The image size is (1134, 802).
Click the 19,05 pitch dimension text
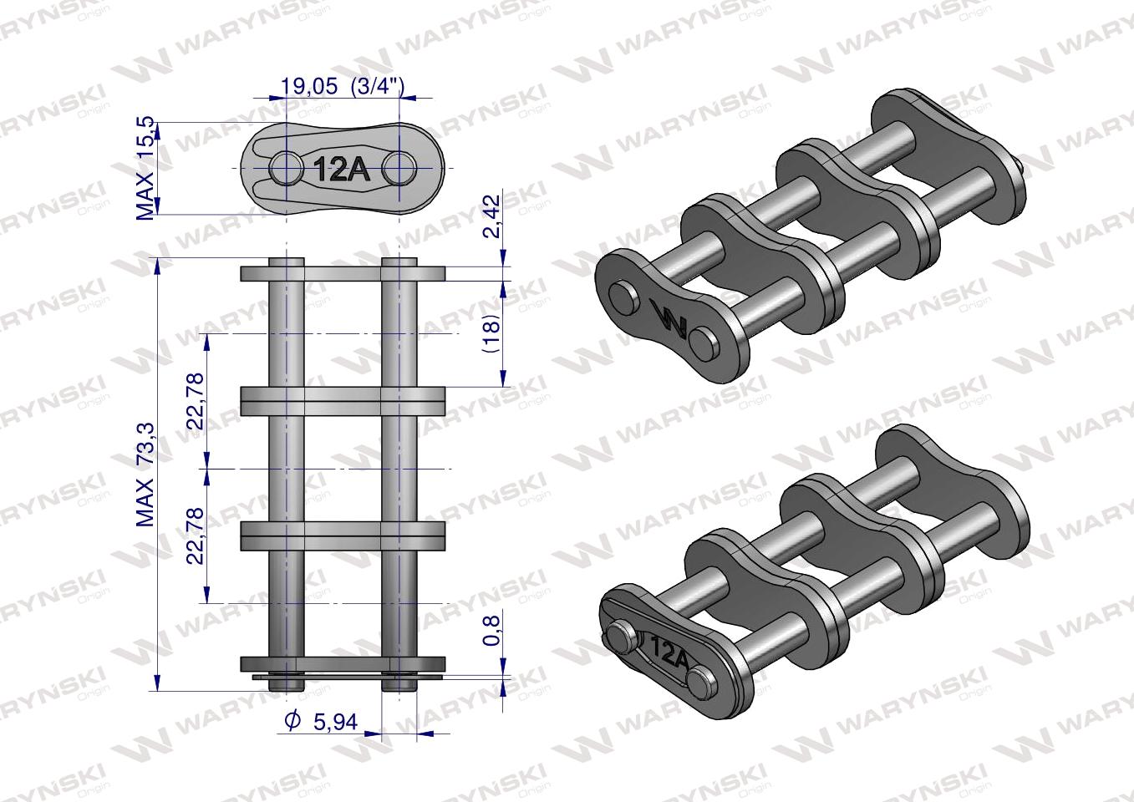coord(309,85)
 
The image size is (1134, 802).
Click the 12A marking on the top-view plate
coord(341,170)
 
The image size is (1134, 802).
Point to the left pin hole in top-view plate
coord(287,169)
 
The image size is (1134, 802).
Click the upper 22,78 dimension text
coord(196,402)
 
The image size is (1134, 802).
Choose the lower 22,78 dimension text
coord(196,536)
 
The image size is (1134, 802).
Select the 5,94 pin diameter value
coord(334,720)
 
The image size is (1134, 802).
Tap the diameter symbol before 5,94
coord(292,720)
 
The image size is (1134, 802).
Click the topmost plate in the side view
coord(343,273)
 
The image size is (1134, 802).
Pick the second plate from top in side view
coord(343,400)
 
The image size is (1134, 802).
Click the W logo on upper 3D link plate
coord(669,321)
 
